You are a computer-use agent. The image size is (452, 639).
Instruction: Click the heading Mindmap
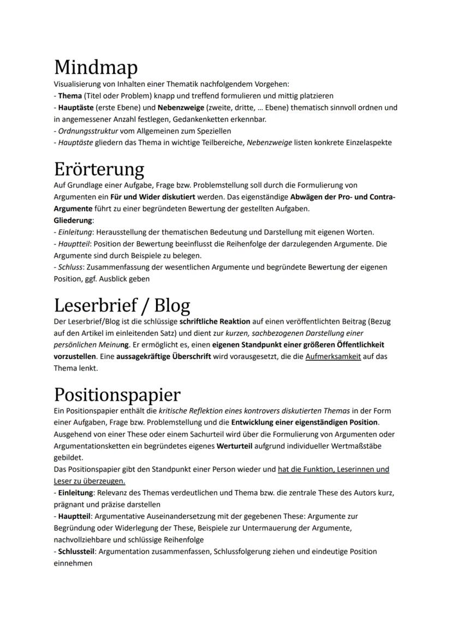[96, 67]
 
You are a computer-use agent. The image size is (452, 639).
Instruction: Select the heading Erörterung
[99, 169]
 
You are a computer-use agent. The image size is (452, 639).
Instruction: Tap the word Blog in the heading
[171, 306]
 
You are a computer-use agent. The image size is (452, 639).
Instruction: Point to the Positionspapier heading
[117, 395]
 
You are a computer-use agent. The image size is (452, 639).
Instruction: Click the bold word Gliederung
[73, 220]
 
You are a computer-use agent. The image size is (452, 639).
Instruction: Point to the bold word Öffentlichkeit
[337, 345]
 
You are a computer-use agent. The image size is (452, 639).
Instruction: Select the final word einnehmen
[73, 563]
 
